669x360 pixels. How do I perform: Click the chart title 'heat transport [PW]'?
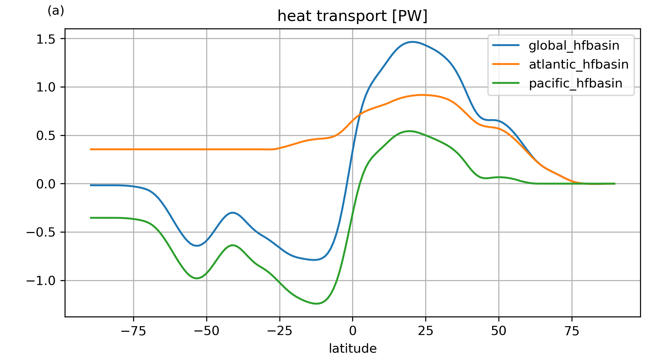coord(352,16)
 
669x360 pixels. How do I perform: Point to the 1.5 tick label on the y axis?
coord(46,39)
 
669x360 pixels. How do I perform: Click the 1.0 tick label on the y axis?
coord(46,87)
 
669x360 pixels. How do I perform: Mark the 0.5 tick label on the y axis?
coord(46,136)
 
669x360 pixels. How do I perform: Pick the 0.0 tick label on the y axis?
coord(46,184)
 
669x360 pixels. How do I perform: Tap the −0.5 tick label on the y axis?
coord(41,233)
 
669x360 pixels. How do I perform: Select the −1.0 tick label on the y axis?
coord(41,281)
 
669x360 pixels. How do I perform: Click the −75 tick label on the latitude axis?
coord(133,331)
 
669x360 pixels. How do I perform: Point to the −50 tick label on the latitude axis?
coord(207,331)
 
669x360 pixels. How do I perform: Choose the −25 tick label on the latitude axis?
coord(280,331)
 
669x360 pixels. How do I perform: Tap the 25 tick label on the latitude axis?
coord(426,331)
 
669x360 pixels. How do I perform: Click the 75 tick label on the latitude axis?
coord(572,331)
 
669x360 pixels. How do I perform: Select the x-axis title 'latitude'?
coord(353,348)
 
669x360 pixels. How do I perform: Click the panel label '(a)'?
coord(56,11)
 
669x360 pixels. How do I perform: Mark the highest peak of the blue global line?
coord(412,42)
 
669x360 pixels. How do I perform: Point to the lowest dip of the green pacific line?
coord(317,304)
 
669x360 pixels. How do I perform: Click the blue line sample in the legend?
coord(506,45)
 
